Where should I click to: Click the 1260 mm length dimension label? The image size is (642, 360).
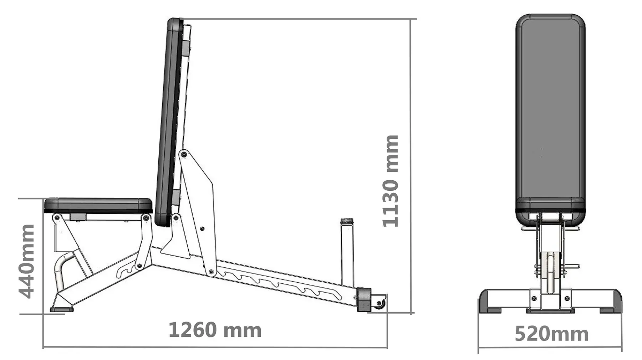(215, 330)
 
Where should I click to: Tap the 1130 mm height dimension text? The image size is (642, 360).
(390, 181)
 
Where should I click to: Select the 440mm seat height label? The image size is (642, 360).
(27, 261)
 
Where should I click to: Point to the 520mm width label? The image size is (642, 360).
(551, 334)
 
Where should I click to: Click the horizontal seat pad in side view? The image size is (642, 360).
(98, 205)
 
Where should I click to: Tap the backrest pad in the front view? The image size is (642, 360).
(550, 114)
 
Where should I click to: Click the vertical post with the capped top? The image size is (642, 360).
(346, 253)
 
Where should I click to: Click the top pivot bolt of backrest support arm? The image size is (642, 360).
(184, 154)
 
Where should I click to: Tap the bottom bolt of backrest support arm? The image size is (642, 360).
(211, 272)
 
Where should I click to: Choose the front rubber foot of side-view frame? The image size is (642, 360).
(62, 308)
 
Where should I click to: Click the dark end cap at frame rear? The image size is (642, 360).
(364, 300)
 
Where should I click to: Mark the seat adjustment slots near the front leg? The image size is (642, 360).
(127, 271)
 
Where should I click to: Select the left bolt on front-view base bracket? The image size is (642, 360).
(534, 298)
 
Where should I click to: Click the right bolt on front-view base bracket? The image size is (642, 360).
(567, 298)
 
